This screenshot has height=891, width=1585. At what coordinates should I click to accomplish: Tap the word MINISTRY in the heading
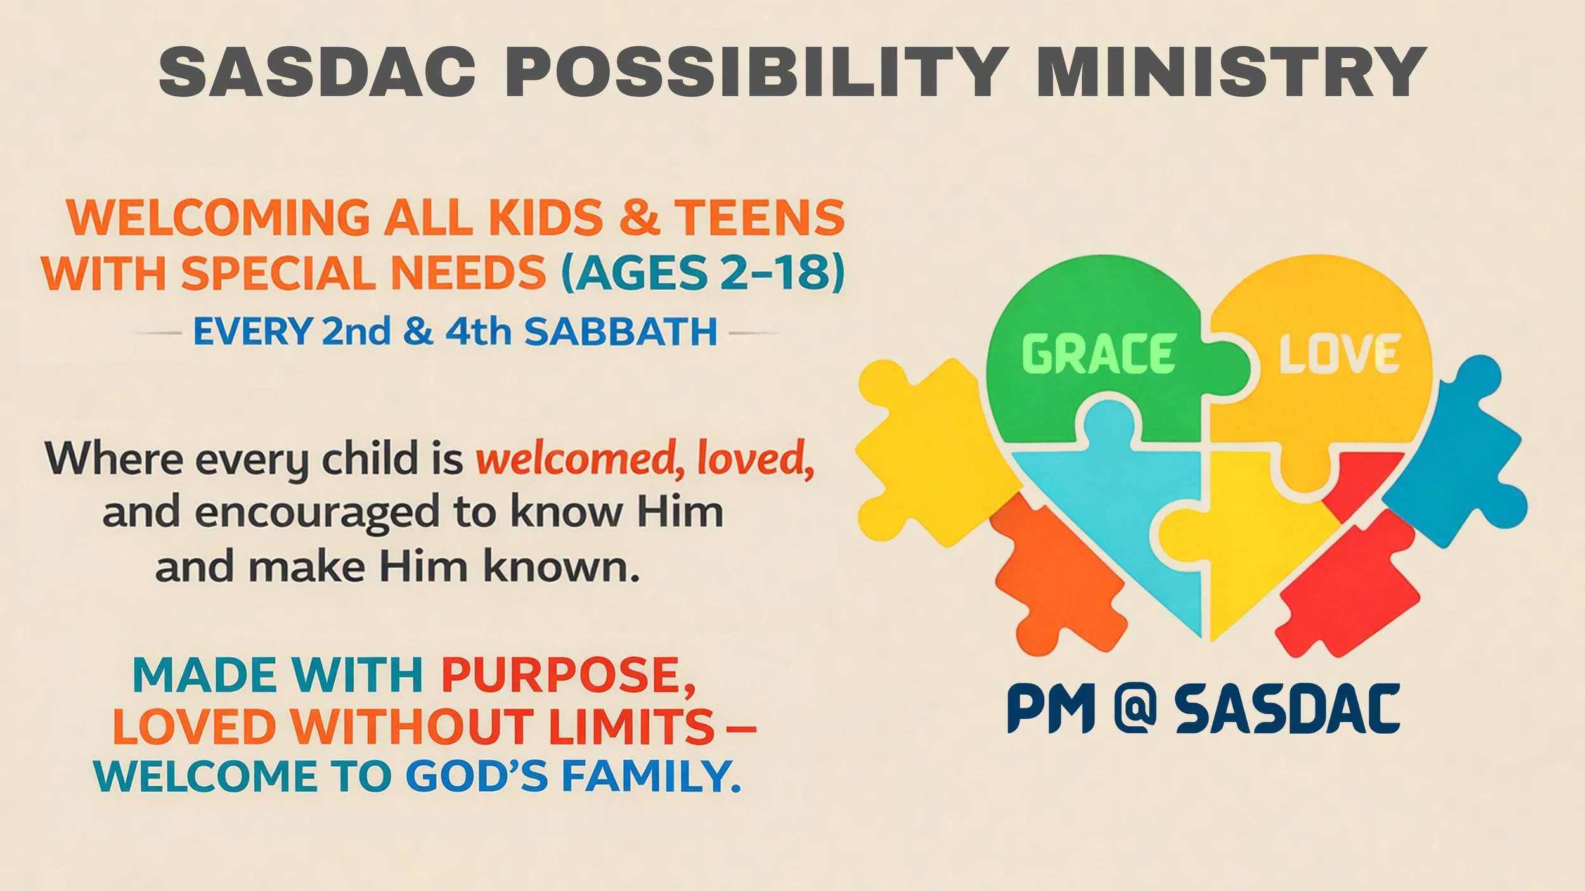[x=1230, y=71]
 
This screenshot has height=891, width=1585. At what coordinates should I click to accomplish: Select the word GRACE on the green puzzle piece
[x=1099, y=354]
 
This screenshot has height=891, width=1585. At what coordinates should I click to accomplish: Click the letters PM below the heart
[x=1051, y=708]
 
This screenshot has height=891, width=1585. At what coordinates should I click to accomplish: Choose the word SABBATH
[x=621, y=332]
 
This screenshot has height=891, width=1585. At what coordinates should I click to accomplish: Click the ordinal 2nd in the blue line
[x=356, y=332]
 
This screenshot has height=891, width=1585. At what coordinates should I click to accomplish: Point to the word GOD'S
[x=476, y=777]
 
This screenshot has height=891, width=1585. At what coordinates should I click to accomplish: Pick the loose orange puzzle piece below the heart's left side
[x=1052, y=570]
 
